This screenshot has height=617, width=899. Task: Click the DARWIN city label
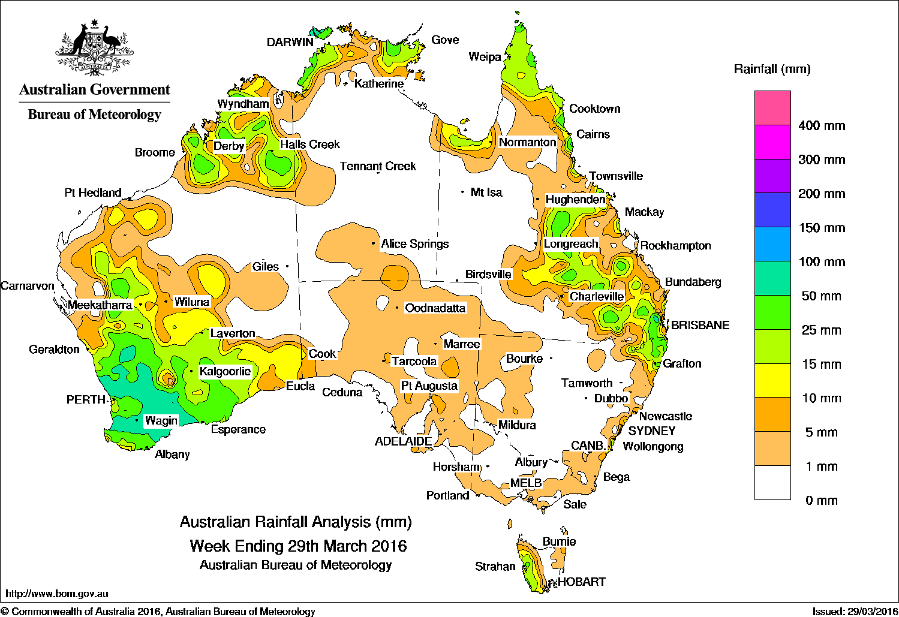coord(290,42)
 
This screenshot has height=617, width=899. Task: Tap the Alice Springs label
coord(414,244)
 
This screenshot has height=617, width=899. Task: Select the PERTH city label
coord(86,399)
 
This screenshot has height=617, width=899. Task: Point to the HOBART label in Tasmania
coord(581,582)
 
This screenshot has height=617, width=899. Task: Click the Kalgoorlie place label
coord(225,371)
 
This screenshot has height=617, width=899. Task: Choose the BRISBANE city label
coord(700,325)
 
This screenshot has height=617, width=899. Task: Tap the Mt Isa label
coord(486,192)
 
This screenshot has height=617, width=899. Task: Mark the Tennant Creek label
coord(378,166)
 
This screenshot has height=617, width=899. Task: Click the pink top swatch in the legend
coord(772,107)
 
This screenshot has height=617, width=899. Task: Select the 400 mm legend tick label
coord(822,126)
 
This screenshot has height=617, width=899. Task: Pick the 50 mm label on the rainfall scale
coord(821,296)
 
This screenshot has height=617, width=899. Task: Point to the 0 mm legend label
coord(821,501)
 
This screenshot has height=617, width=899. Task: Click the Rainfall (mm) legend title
coord(772,69)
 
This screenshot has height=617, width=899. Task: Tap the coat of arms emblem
coord(94,49)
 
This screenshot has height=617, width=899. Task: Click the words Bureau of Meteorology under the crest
coord(94,115)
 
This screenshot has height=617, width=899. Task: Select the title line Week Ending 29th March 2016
coord(298,546)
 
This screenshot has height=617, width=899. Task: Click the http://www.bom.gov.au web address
coord(57,594)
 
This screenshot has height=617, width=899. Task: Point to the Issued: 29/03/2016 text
coord(854,611)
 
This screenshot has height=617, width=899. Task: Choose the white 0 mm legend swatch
coord(772,483)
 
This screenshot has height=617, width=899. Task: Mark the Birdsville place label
coord(488,275)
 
